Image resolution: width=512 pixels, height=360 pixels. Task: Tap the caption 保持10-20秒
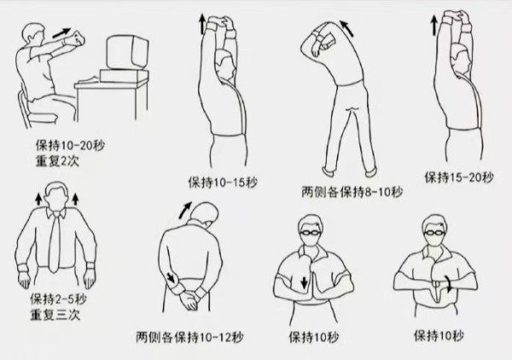[70, 146]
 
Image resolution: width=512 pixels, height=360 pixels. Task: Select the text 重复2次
[57, 161]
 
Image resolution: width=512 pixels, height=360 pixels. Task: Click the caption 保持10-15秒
[223, 183]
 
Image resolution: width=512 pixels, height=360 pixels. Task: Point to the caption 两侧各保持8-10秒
[352, 192]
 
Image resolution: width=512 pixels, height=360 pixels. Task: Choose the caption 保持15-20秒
[459, 177]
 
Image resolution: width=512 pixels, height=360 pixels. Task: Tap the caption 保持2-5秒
[58, 299]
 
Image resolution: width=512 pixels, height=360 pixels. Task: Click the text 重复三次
[55, 315]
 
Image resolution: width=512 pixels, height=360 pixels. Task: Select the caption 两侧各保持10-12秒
[189, 337]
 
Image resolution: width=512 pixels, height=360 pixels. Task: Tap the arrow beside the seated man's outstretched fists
[61, 32]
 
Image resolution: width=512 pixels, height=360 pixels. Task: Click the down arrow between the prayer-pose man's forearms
[305, 282]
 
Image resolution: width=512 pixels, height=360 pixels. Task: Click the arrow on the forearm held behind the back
[171, 277]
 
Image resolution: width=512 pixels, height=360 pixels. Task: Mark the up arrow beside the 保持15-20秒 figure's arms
[434, 26]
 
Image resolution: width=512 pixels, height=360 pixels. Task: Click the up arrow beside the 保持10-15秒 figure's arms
[201, 24]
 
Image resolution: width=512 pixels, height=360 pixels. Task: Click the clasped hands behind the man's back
[189, 299]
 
